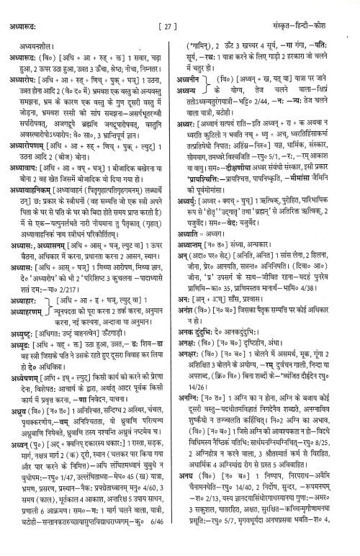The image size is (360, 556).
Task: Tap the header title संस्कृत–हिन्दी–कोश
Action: (318, 9)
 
